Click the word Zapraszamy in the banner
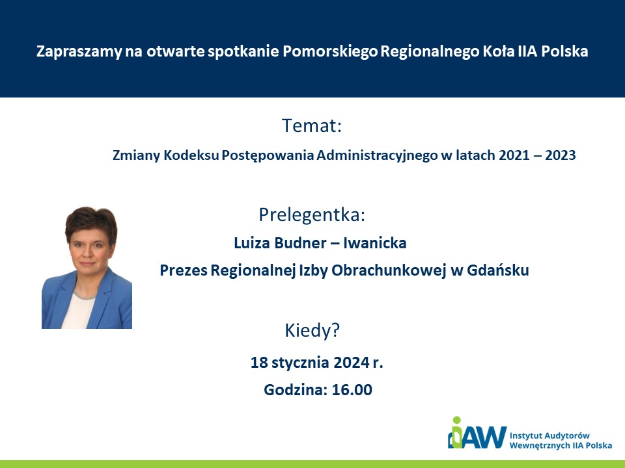(x=79, y=52)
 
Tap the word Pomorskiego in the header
(x=330, y=52)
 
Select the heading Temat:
(x=312, y=125)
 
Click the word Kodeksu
(x=191, y=155)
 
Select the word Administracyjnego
(x=377, y=155)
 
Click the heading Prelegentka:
(x=312, y=215)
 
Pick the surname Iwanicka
(x=375, y=242)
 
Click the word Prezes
(x=184, y=270)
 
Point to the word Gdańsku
(x=498, y=270)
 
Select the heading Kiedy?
(x=312, y=331)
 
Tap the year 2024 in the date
(x=351, y=363)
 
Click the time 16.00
(x=352, y=390)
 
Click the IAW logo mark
(x=477, y=433)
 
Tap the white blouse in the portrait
(x=79, y=311)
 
